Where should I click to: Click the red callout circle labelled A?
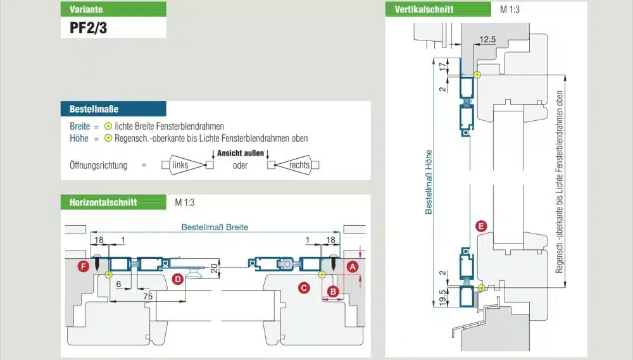(x=353, y=267)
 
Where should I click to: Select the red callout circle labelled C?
(x=304, y=288)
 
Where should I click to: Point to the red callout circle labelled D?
(x=178, y=278)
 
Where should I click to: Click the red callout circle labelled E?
(x=481, y=226)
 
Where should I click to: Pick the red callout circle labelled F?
(x=82, y=267)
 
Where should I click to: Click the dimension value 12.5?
(x=487, y=40)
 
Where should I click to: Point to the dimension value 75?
(x=147, y=296)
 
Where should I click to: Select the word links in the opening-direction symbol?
(x=180, y=165)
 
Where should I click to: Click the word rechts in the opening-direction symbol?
(x=299, y=165)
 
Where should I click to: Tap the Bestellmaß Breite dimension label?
(x=215, y=227)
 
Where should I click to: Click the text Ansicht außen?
(x=240, y=153)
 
